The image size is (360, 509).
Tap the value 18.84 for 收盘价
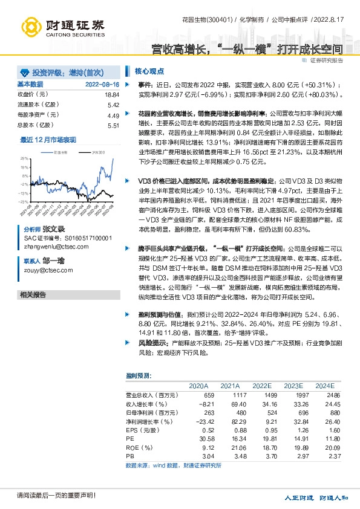click(112, 95)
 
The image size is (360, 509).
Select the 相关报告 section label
click(33, 294)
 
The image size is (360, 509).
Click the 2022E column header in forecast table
click(261, 386)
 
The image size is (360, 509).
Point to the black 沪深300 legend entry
click(95, 152)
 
